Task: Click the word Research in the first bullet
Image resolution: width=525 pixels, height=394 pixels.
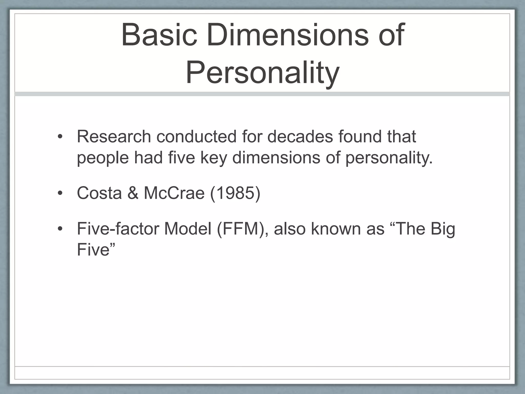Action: click(114, 136)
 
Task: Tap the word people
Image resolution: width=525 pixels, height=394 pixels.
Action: click(103, 157)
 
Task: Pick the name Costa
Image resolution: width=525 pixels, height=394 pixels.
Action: click(99, 193)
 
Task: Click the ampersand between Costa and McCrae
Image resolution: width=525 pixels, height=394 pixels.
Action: click(133, 193)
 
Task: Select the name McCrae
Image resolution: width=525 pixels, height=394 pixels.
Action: click(174, 193)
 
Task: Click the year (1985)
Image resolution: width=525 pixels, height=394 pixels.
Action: click(235, 193)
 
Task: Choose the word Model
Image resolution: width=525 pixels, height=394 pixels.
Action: click(188, 229)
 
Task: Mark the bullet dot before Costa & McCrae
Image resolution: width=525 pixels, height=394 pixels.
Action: click(60, 193)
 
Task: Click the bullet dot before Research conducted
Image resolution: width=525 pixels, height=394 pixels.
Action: click(60, 137)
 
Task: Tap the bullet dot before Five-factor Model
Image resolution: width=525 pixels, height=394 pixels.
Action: click(60, 229)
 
